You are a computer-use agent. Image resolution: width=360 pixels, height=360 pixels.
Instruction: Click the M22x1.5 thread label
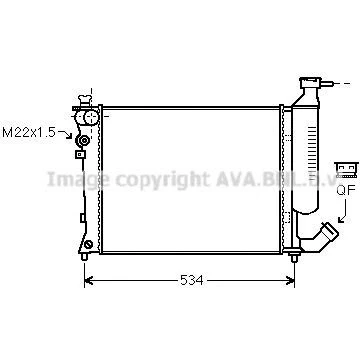click(x=29, y=132)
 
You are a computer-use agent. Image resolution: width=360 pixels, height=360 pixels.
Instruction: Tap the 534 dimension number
click(x=192, y=280)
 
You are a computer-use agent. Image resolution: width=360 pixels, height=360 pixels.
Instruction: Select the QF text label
click(x=346, y=190)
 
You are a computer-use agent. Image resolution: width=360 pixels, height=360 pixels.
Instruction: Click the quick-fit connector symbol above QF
click(x=346, y=170)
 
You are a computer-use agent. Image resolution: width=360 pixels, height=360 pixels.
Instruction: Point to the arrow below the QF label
click(x=343, y=211)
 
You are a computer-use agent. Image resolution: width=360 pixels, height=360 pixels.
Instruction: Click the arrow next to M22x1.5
click(x=65, y=134)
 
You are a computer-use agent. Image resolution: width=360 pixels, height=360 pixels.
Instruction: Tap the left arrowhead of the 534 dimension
click(x=88, y=281)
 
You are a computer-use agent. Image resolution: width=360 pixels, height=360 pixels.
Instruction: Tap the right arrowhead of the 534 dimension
click(x=291, y=281)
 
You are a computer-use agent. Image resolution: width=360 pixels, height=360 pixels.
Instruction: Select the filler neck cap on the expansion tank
click(x=310, y=82)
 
